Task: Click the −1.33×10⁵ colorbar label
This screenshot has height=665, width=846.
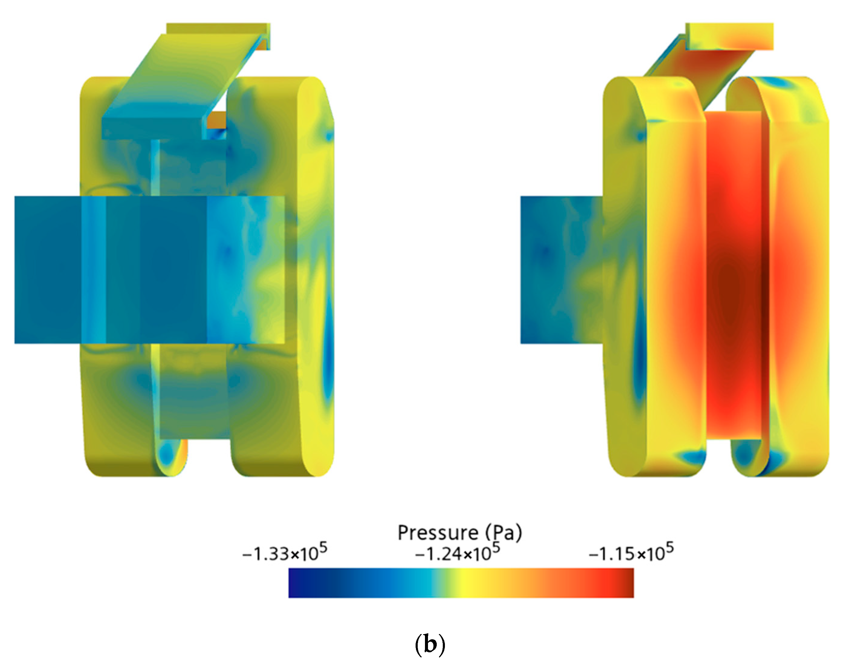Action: pos(284,553)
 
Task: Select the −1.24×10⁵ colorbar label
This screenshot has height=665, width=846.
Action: pos(458,553)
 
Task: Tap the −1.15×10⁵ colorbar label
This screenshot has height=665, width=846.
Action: pos(631,553)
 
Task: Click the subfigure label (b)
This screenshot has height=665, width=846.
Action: pos(429,645)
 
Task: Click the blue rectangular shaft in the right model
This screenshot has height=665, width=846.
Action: pos(561,270)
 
